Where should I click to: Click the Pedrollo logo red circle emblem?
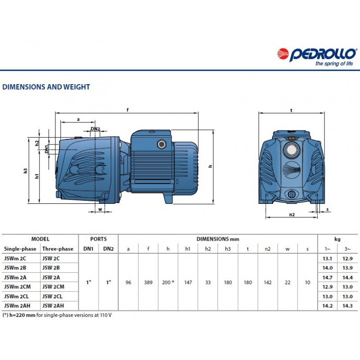283,54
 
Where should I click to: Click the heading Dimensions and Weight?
46,87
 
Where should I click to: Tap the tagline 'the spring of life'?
334,63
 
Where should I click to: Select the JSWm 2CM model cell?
17,287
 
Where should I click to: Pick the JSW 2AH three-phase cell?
53,306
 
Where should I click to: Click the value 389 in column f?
148,282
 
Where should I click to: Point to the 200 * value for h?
168,282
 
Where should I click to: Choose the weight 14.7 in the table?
328,277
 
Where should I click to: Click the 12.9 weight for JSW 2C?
347,258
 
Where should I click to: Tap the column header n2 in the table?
267,249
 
